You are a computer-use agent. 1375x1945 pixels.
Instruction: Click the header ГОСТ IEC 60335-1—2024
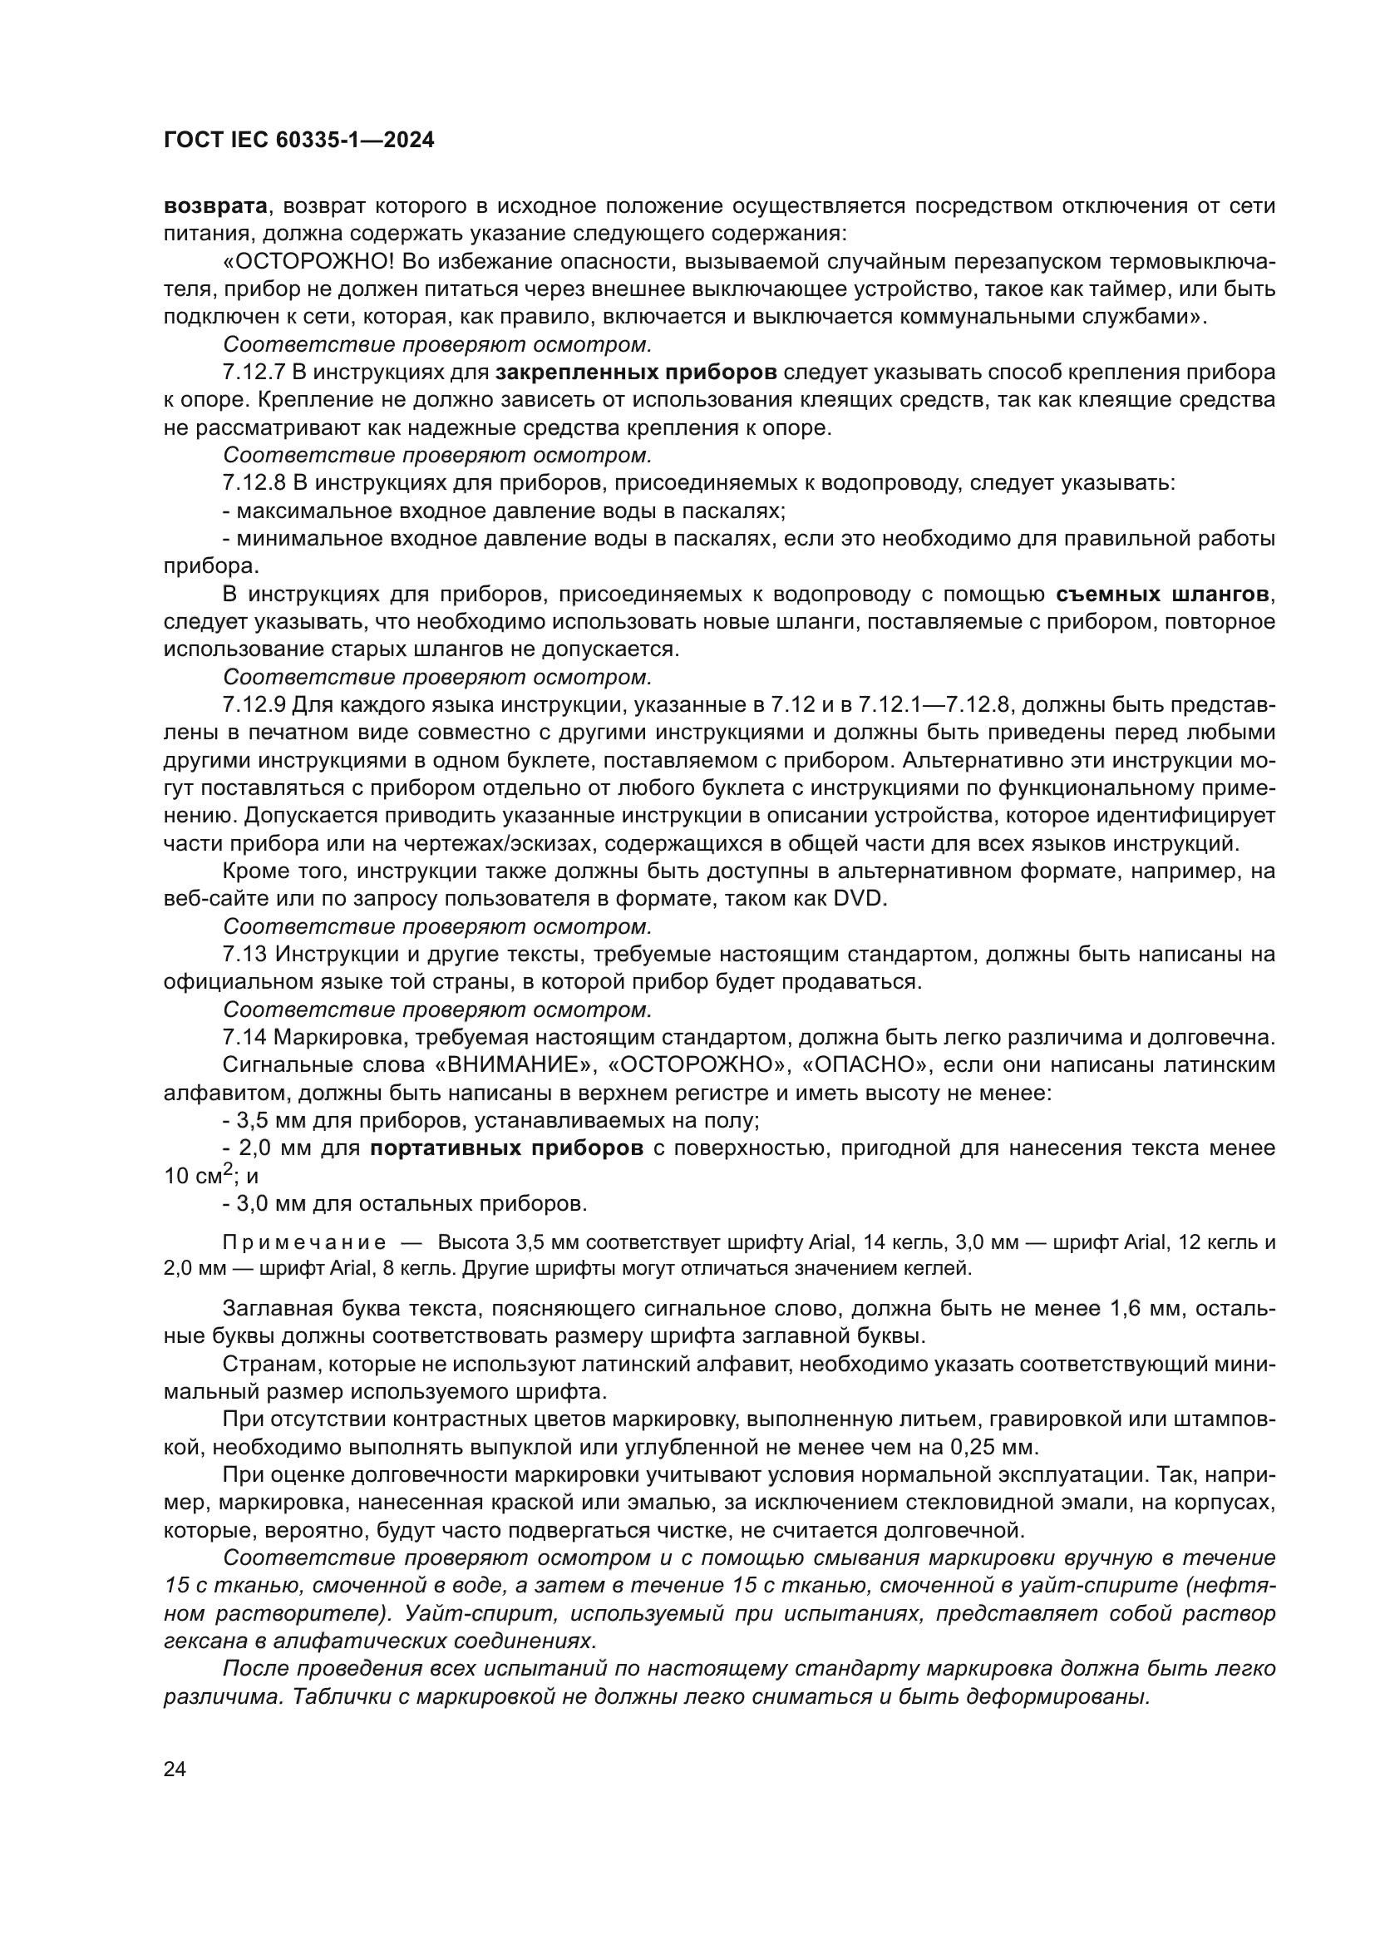pyautogui.click(x=298, y=141)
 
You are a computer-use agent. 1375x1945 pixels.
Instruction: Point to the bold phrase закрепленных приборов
pyautogui.click(x=636, y=373)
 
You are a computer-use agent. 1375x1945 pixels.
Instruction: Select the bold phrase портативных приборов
pyautogui.click(x=507, y=1148)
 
